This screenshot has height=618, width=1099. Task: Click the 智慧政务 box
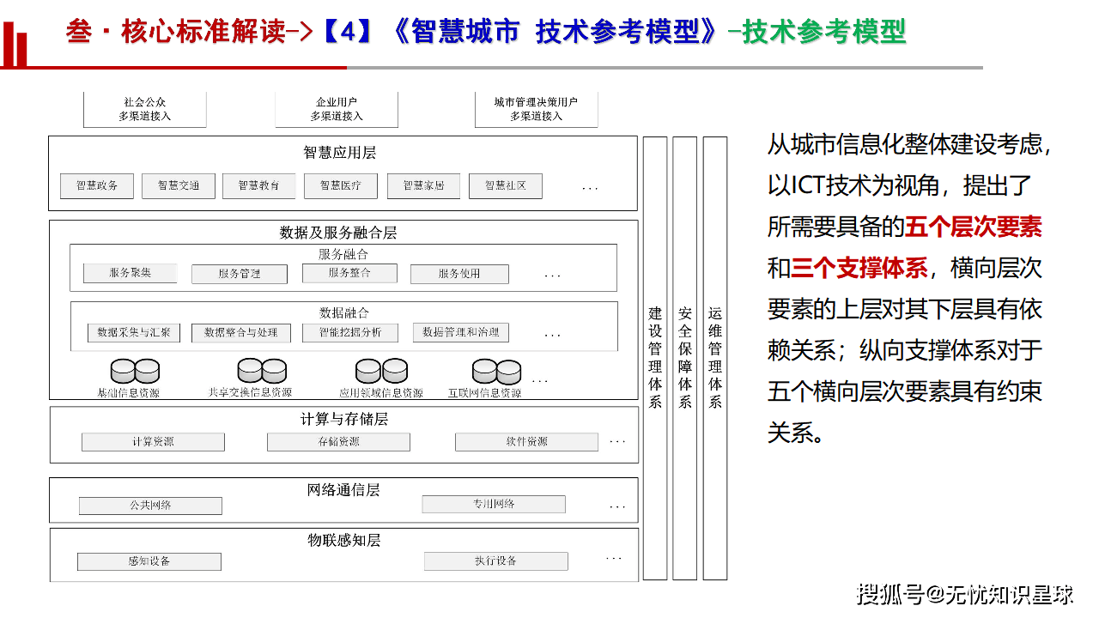pos(97,185)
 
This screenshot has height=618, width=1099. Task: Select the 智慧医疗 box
pos(341,185)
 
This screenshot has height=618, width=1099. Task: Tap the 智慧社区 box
pos(506,185)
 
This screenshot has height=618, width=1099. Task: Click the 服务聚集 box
pos(131,273)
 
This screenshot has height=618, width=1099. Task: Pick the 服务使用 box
pos(459,274)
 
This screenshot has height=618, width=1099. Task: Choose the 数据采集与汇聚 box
pos(134,332)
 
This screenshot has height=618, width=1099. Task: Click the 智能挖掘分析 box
pos(350,332)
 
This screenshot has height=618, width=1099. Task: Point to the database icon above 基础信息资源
pos(135,371)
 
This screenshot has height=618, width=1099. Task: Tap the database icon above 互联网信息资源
pos(496,371)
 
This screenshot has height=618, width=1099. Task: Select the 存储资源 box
pos(338,442)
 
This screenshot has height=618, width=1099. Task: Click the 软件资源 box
pos(526,442)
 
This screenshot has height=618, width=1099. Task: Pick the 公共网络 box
pos(150,506)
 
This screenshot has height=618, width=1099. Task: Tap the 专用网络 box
pos(494,504)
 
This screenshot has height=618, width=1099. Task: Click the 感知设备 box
pos(149,561)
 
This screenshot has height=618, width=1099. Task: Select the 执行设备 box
pos(496,561)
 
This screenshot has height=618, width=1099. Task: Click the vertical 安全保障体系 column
pos(684,358)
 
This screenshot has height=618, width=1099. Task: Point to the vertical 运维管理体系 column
pos(714,358)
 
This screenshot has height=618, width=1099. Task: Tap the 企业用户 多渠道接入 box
pos(337,109)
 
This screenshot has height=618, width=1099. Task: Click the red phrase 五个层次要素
pos(974,227)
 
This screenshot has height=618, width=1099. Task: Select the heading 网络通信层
pos(343,490)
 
